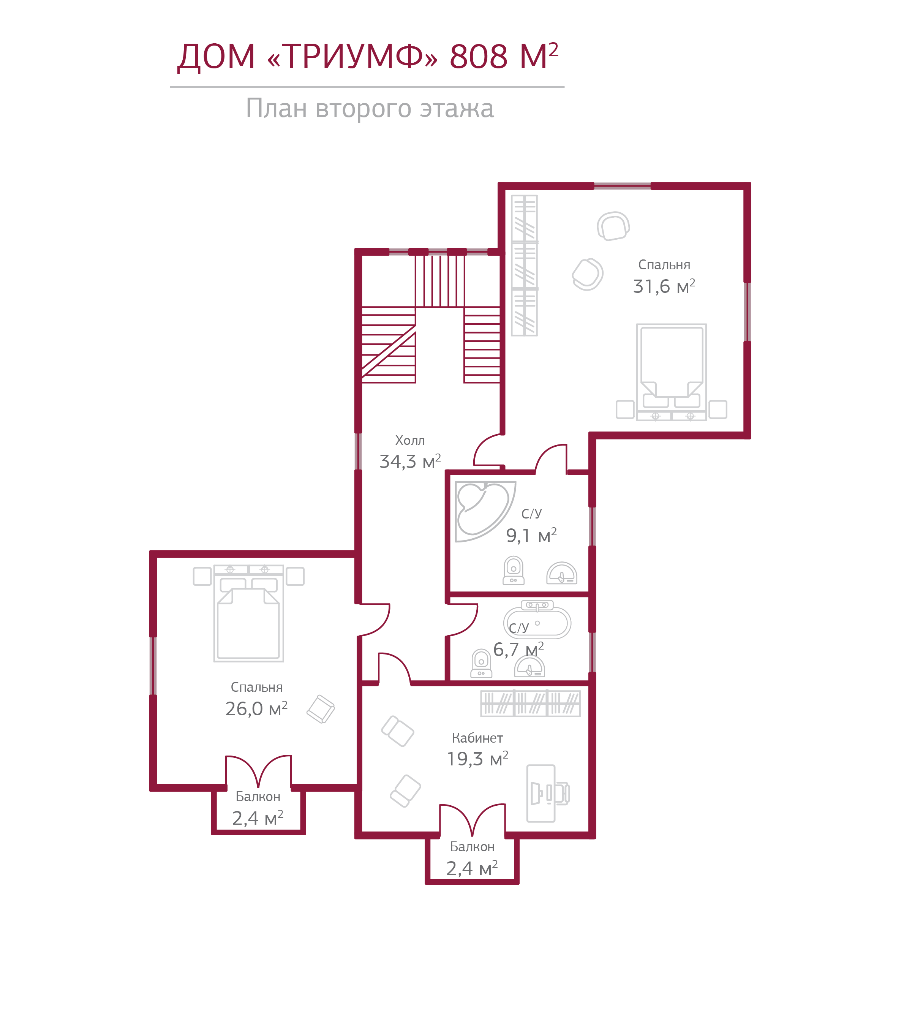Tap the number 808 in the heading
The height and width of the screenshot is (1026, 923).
pos(478,56)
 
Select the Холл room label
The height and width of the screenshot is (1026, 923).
pos(410,440)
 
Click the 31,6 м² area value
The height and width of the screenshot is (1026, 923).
pos(664,286)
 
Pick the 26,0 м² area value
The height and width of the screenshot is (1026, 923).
pos(256,708)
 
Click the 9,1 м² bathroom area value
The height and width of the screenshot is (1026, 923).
pos(531,535)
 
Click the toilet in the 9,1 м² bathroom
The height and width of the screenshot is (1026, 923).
pos(513,571)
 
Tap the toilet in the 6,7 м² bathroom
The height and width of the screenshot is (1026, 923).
pos(481,663)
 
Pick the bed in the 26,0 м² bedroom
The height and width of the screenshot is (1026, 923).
pos(248,613)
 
